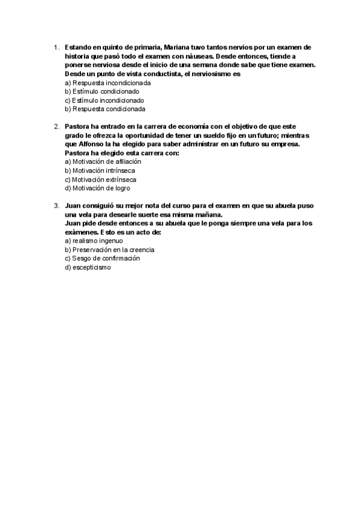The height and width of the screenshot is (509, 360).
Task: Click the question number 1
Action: coord(55,47)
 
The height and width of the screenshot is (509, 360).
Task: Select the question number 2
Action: coord(55,126)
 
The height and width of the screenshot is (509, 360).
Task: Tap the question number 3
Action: coord(55,205)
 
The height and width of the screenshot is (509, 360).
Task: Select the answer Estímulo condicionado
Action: coord(97,91)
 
